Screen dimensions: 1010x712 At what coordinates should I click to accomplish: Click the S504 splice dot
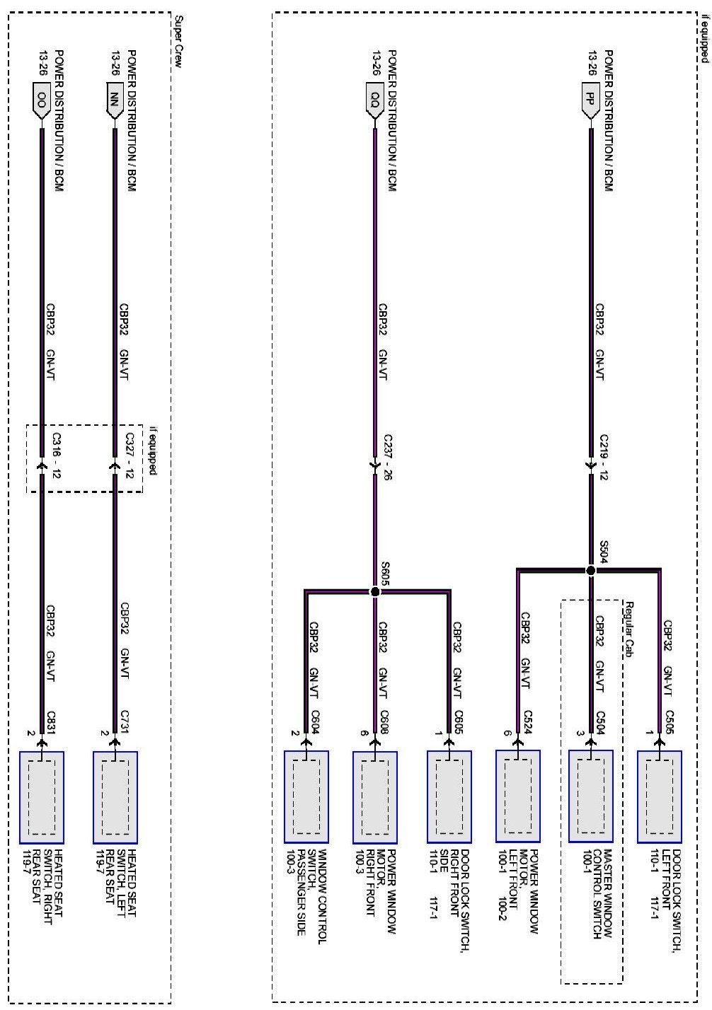pos(590,570)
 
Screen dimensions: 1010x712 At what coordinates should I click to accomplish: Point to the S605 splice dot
pos(375,591)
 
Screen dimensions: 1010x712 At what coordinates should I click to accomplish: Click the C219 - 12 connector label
pos(604,458)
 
